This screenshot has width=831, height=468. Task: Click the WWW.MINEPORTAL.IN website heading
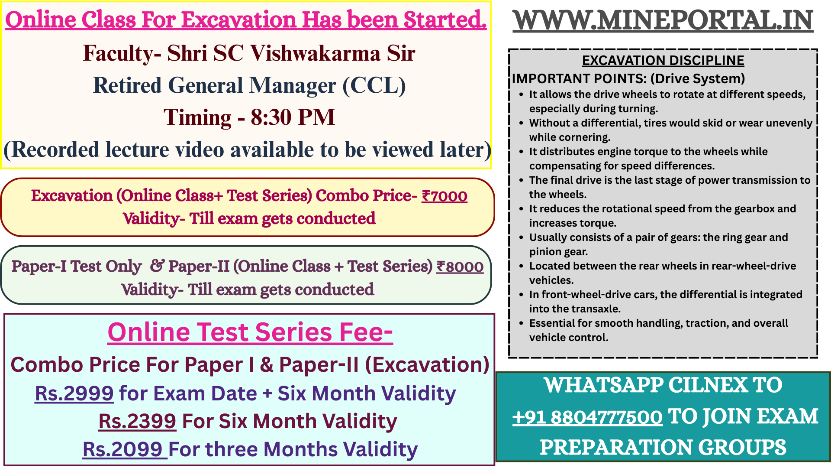coord(663,20)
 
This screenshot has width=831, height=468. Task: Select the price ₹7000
coord(444,196)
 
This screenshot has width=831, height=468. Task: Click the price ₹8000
coord(460,266)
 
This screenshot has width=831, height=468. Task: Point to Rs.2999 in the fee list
coord(74,393)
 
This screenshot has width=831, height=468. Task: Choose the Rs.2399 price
coord(137,421)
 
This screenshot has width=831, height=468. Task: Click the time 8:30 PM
coord(293,117)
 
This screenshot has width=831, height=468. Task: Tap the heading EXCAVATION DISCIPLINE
coord(663,60)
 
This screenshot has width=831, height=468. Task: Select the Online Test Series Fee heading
coord(250,332)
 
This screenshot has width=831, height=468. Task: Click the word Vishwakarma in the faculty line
coord(315,54)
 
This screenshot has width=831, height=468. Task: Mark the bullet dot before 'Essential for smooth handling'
coord(522,324)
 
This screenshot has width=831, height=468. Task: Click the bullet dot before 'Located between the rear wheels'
coord(522,266)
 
